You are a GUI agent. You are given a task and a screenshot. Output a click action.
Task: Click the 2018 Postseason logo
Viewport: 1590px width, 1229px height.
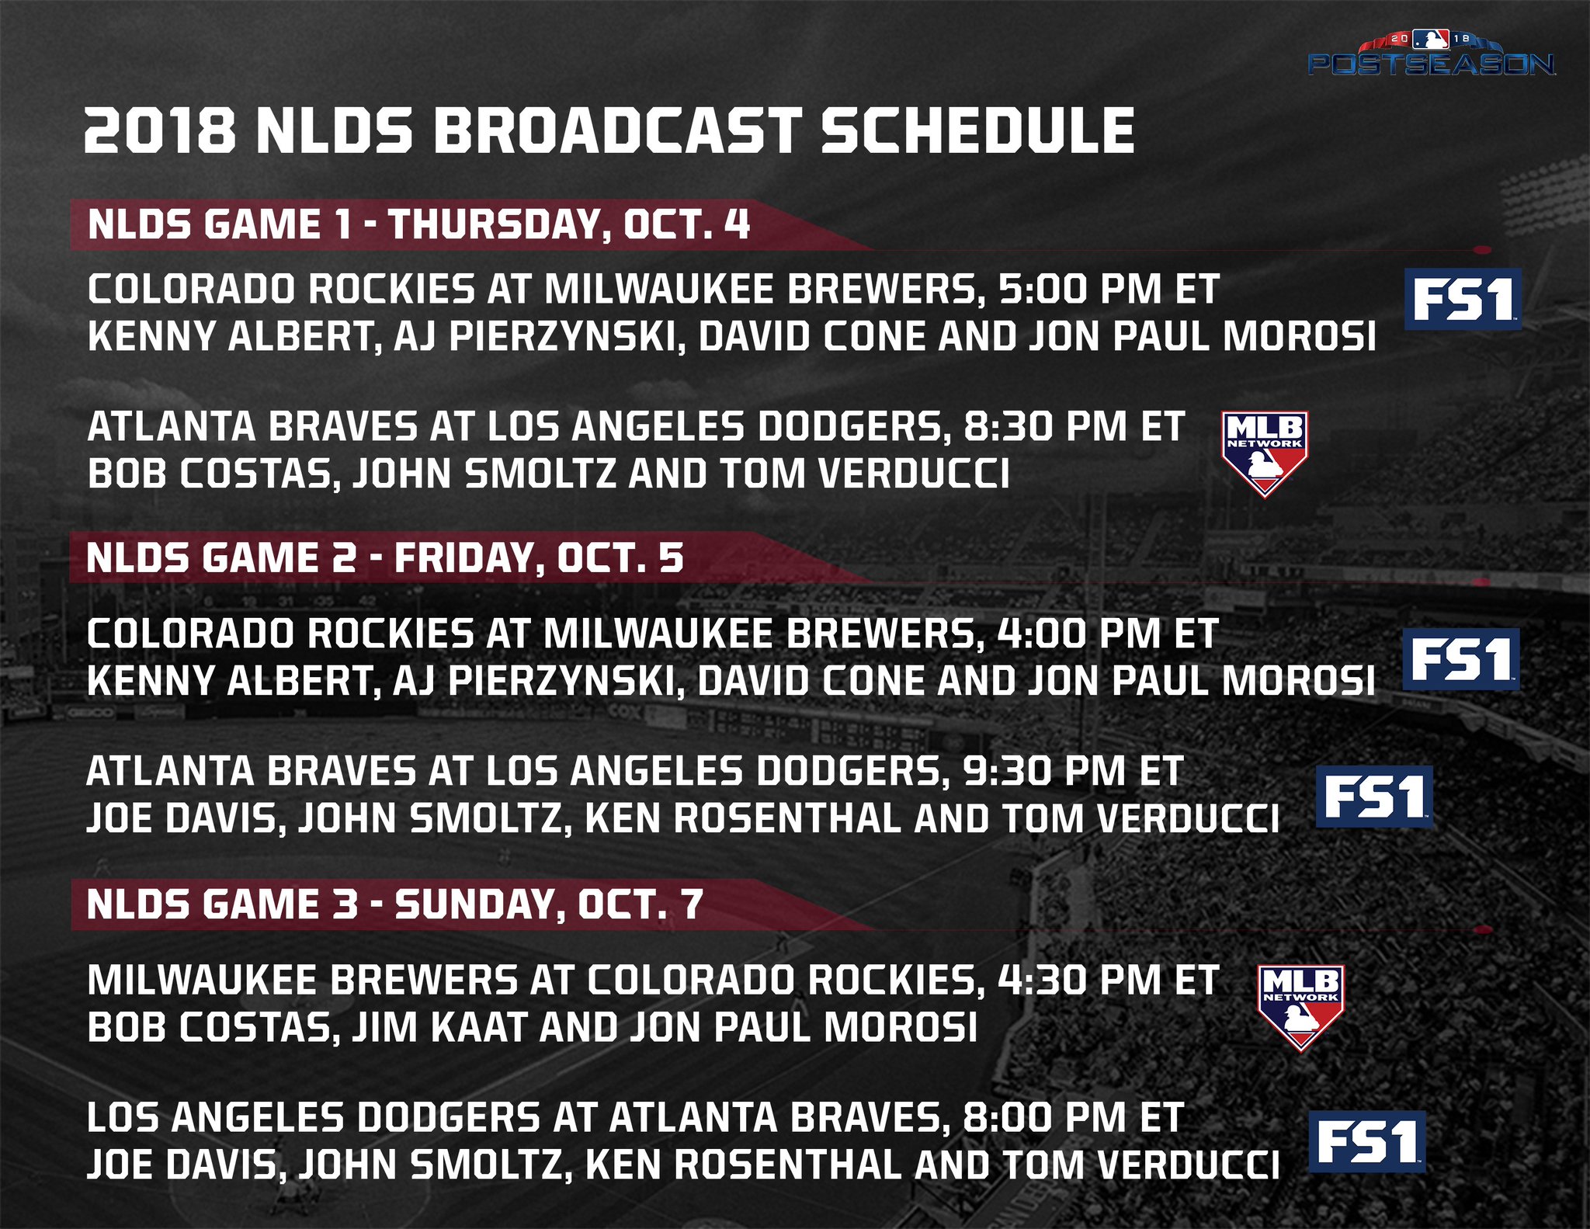pyautogui.click(x=1431, y=54)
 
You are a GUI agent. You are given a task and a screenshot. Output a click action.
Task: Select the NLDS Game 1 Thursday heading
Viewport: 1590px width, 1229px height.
pyautogui.click(x=418, y=224)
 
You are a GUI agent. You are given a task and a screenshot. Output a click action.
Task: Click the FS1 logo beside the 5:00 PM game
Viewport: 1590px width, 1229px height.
pyautogui.click(x=1463, y=300)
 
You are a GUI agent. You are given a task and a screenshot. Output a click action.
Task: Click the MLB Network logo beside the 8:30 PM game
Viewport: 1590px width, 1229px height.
pyautogui.click(x=1265, y=453)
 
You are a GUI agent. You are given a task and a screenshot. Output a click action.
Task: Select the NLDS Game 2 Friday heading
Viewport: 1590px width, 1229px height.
pyautogui.click(x=385, y=558)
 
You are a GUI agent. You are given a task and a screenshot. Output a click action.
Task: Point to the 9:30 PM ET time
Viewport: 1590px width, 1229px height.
pyautogui.click(x=1073, y=771)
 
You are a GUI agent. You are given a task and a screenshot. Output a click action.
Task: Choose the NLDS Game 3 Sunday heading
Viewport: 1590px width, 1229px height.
pyautogui.click(x=395, y=904)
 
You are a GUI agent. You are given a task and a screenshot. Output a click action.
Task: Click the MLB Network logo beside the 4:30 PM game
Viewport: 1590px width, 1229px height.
pyautogui.click(x=1300, y=1008)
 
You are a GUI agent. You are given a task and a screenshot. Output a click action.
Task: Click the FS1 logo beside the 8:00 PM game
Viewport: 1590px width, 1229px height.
pyautogui.click(x=1367, y=1142)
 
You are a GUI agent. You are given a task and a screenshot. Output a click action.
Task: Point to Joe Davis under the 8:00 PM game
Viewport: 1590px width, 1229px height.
pyautogui.click(x=182, y=1165)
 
